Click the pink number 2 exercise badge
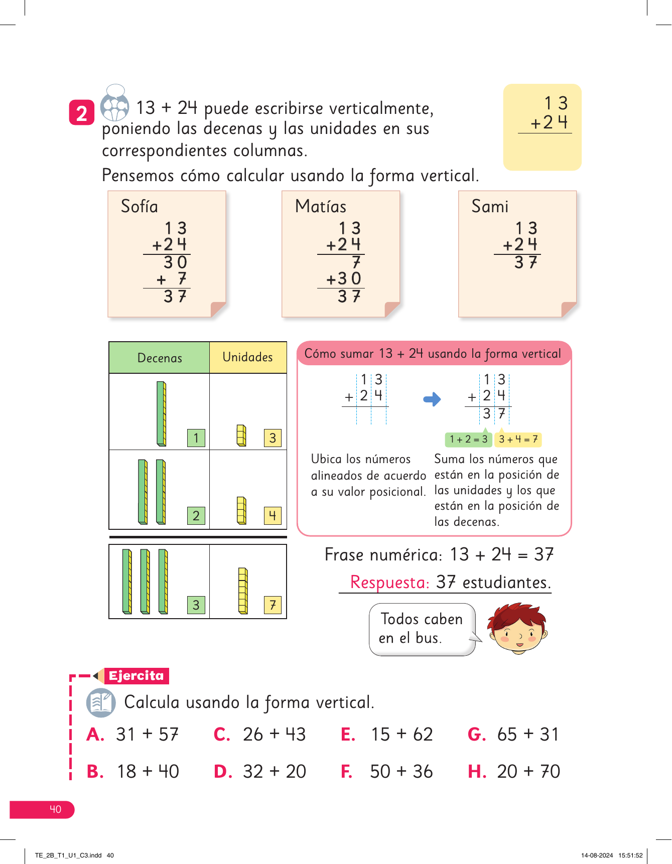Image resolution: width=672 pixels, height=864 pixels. [82, 113]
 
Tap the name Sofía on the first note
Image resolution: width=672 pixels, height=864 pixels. [140, 206]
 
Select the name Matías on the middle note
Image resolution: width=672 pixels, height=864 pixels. [321, 206]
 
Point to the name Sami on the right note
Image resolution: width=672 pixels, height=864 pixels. [490, 206]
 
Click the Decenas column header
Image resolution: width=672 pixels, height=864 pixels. [160, 358]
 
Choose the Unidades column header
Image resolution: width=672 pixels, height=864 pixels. [248, 357]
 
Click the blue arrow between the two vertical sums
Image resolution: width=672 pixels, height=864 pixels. [432, 399]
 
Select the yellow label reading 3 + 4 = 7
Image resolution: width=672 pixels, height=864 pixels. [518, 440]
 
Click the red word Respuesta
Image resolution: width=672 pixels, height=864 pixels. [390, 582]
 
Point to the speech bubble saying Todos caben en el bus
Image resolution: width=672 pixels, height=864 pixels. [422, 629]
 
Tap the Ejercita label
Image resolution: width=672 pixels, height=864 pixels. [137, 676]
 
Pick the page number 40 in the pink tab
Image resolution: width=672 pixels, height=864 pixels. [55, 809]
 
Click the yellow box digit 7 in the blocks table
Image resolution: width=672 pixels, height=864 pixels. [273, 605]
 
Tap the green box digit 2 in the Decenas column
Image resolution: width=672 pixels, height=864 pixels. [196, 515]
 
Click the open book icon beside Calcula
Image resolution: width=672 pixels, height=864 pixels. [101, 702]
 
